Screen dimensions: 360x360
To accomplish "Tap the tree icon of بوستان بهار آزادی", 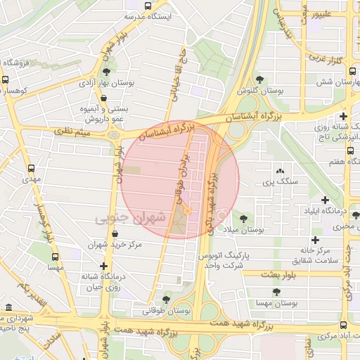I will pyautogui.click(x=106, y=71).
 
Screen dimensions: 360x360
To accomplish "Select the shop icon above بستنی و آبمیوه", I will pyautogui.click(x=103, y=98).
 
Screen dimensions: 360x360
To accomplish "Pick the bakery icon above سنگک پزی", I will pyautogui.click(x=280, y=171).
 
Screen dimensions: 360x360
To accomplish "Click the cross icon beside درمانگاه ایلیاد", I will pyautogui.click(x=325, y=200).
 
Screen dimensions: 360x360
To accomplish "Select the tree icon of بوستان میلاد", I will pyautogui.click(x=244, y=219).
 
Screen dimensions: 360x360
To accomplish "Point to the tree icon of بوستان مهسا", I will pyautogui.click(x=276, y=290).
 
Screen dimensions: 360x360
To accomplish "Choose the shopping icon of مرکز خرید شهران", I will pyautogui.click(x=106, y=235).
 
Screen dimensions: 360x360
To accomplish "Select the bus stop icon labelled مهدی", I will pyautogui.click(x=31, y=169).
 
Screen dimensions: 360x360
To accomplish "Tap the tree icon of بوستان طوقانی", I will pyautogui.click(x=167, y=300).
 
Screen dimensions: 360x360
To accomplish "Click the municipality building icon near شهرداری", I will pyautogui.click(x=8, y=308).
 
